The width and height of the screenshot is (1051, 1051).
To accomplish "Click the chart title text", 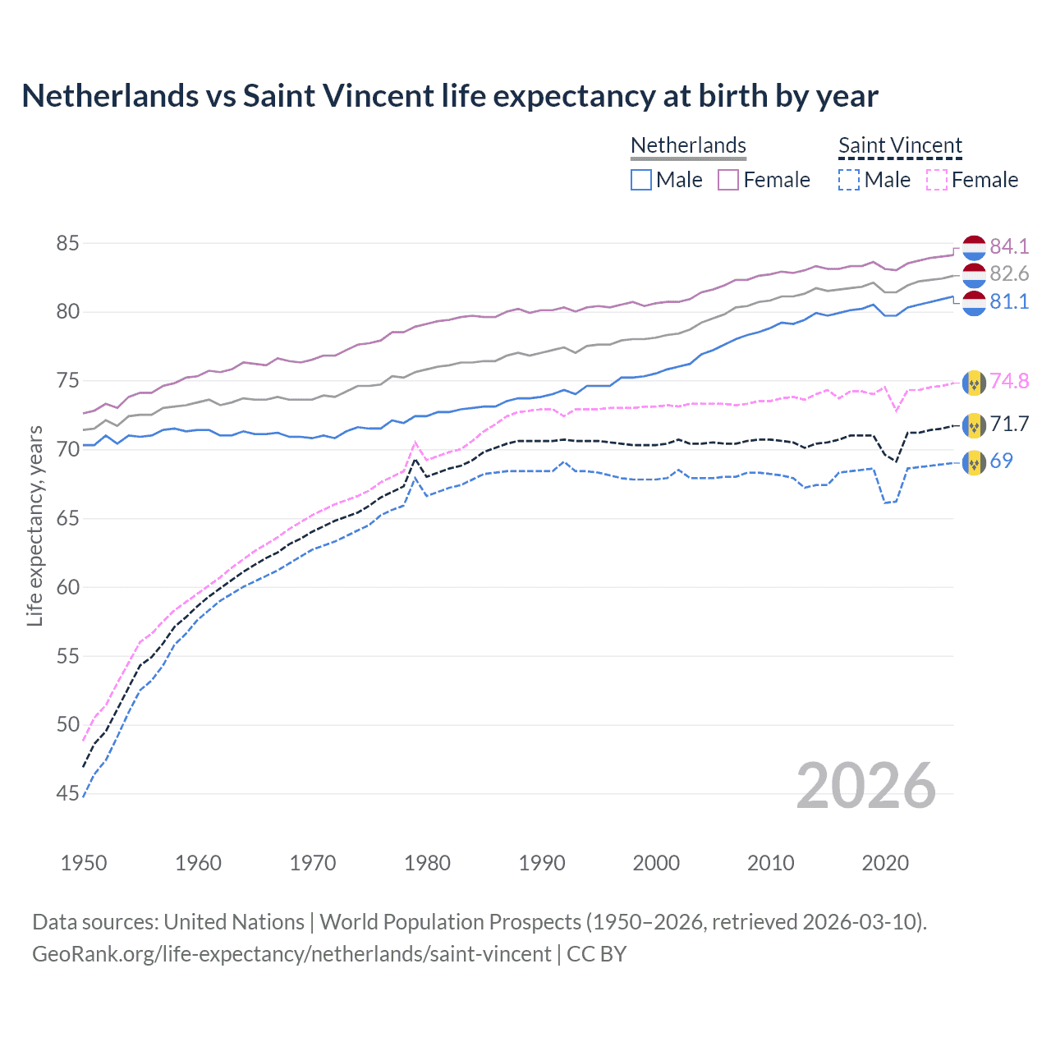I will coord(450,96).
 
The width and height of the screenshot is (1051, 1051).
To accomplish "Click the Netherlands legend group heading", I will coord(688,145).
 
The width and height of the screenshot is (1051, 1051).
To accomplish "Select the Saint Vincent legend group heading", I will coord(900,145).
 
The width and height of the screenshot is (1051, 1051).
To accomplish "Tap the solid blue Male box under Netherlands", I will coord(641,180).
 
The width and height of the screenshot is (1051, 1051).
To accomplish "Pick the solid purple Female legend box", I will coord(728,180).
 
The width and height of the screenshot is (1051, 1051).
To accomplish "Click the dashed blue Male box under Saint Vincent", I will coord(849,180).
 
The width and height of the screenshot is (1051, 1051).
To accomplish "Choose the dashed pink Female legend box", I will coord(937,180).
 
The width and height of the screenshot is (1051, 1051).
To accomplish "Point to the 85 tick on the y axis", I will coord(68,244).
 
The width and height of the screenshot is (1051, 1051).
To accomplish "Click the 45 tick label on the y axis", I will coord(68,793).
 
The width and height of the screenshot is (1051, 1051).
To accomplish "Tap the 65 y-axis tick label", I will coord(68,518).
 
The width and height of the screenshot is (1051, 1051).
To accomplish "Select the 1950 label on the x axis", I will coord(84,863).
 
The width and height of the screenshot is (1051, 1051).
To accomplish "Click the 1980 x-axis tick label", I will coord(427,863).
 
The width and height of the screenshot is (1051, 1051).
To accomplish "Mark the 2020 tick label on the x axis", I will coord(885,863).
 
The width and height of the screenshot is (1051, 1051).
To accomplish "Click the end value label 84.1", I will coord(1009,246).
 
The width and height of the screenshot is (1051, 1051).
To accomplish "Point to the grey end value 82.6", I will coord(1009,273).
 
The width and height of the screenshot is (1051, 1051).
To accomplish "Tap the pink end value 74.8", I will coord(1009,381).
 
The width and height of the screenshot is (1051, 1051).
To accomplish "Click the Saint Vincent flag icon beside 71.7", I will coord(974,425).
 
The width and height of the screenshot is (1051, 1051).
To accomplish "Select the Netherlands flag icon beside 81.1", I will coord(974,302).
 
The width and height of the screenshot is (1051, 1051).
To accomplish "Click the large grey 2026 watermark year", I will coord(865,786).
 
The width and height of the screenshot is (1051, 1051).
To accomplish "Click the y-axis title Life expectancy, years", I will coord(34,525).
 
